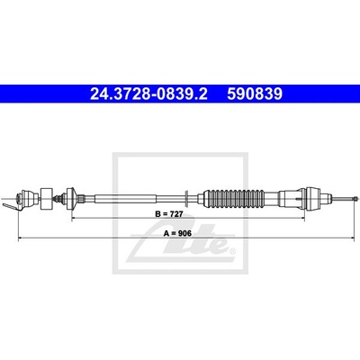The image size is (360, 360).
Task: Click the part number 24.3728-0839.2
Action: [148, 94]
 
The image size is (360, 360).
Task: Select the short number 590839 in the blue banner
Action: [255, 94]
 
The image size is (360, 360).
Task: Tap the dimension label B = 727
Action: [169, 214]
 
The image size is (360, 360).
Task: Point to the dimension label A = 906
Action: [177, 233]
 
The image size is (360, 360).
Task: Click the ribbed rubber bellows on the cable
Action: [234, 198]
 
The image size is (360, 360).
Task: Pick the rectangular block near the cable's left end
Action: [46, 199]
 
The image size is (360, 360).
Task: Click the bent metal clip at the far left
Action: [12, 207]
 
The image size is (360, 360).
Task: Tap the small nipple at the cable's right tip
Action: [356, 198]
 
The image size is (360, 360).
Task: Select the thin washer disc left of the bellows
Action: [186, 198]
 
